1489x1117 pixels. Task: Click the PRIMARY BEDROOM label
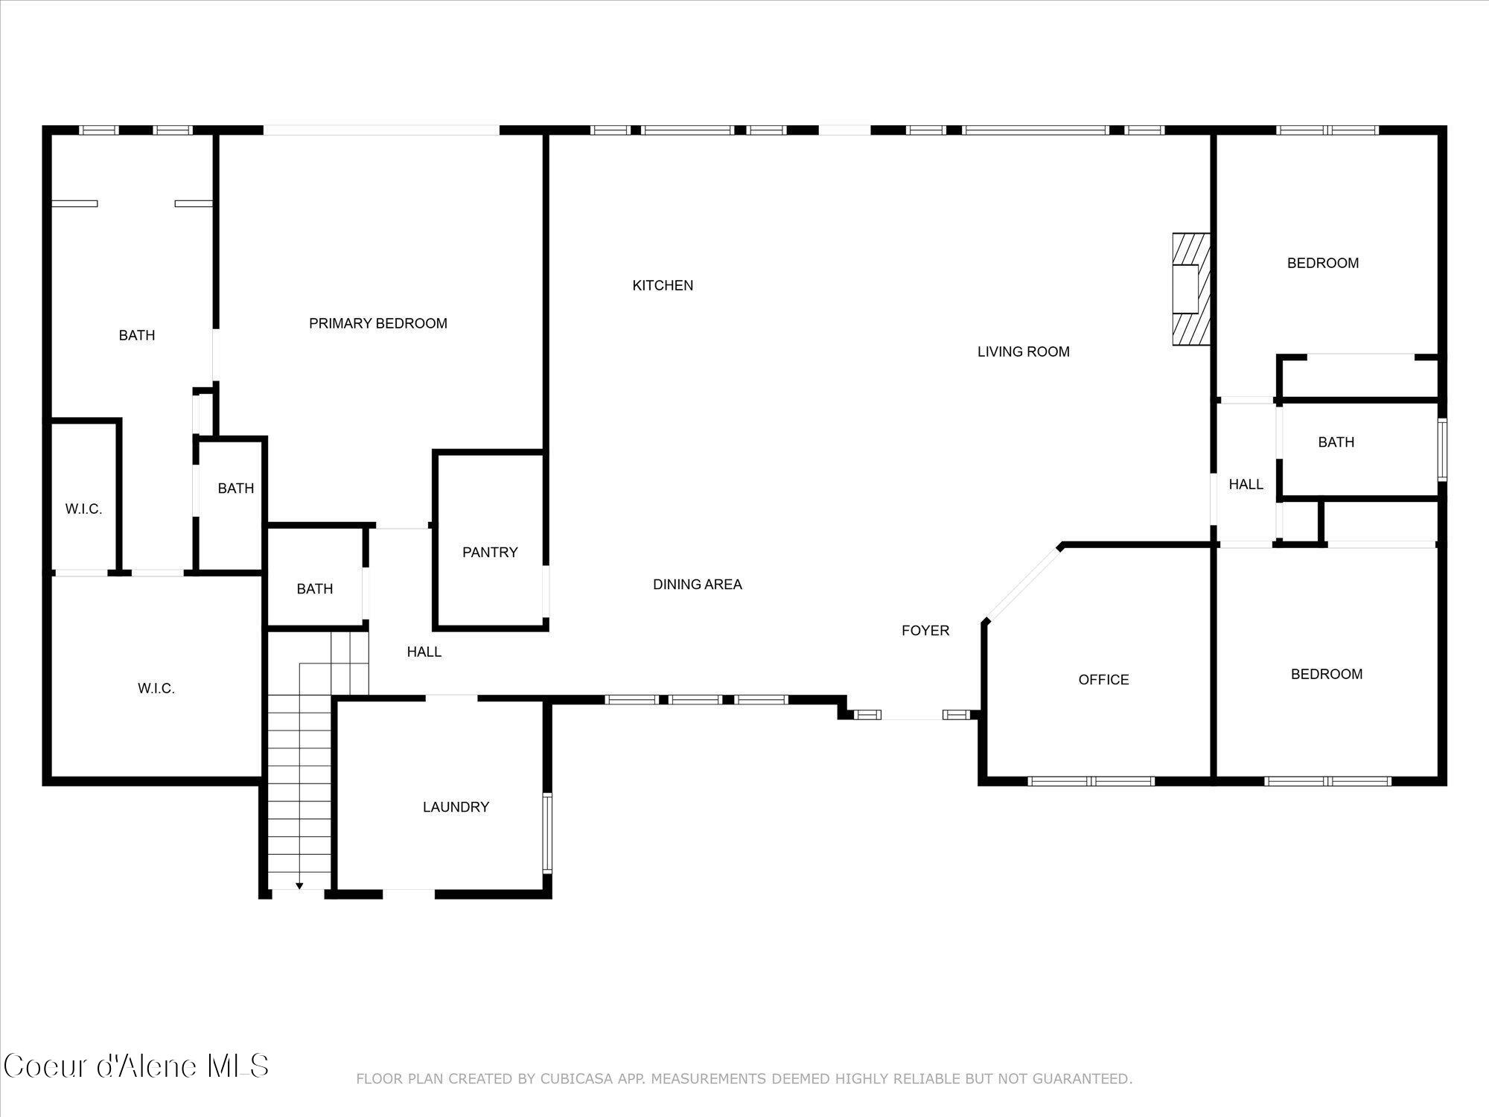tap(378, 323)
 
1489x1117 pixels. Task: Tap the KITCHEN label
tap(663, 285)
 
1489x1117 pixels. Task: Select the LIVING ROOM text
tap(1023, 351)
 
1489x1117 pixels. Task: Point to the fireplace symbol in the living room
tap(1190, 289)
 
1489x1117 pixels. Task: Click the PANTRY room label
tap(490, 552)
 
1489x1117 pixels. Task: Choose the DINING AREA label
tap(697, 585)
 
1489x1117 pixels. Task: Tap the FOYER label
tap(925, 631)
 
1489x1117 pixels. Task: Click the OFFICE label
tap(1103, 679)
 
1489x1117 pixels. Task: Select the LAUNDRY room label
tap(456, 806)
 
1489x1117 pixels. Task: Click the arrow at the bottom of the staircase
tap(299, 885)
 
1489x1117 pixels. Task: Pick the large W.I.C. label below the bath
tap(156, 689)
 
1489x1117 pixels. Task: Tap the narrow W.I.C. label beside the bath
tap(83, 509)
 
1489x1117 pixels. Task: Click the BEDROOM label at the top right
tap(1323, 263)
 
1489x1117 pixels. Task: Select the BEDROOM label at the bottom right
tap(1327, 674)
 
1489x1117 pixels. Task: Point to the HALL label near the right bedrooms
tap(1246, 485)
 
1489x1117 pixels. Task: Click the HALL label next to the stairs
tap(424, 652)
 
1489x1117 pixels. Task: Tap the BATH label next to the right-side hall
tap(1336, 442)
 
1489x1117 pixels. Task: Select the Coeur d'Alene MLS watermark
tap(135, 1066)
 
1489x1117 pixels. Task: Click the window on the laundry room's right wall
tap(547, 833)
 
